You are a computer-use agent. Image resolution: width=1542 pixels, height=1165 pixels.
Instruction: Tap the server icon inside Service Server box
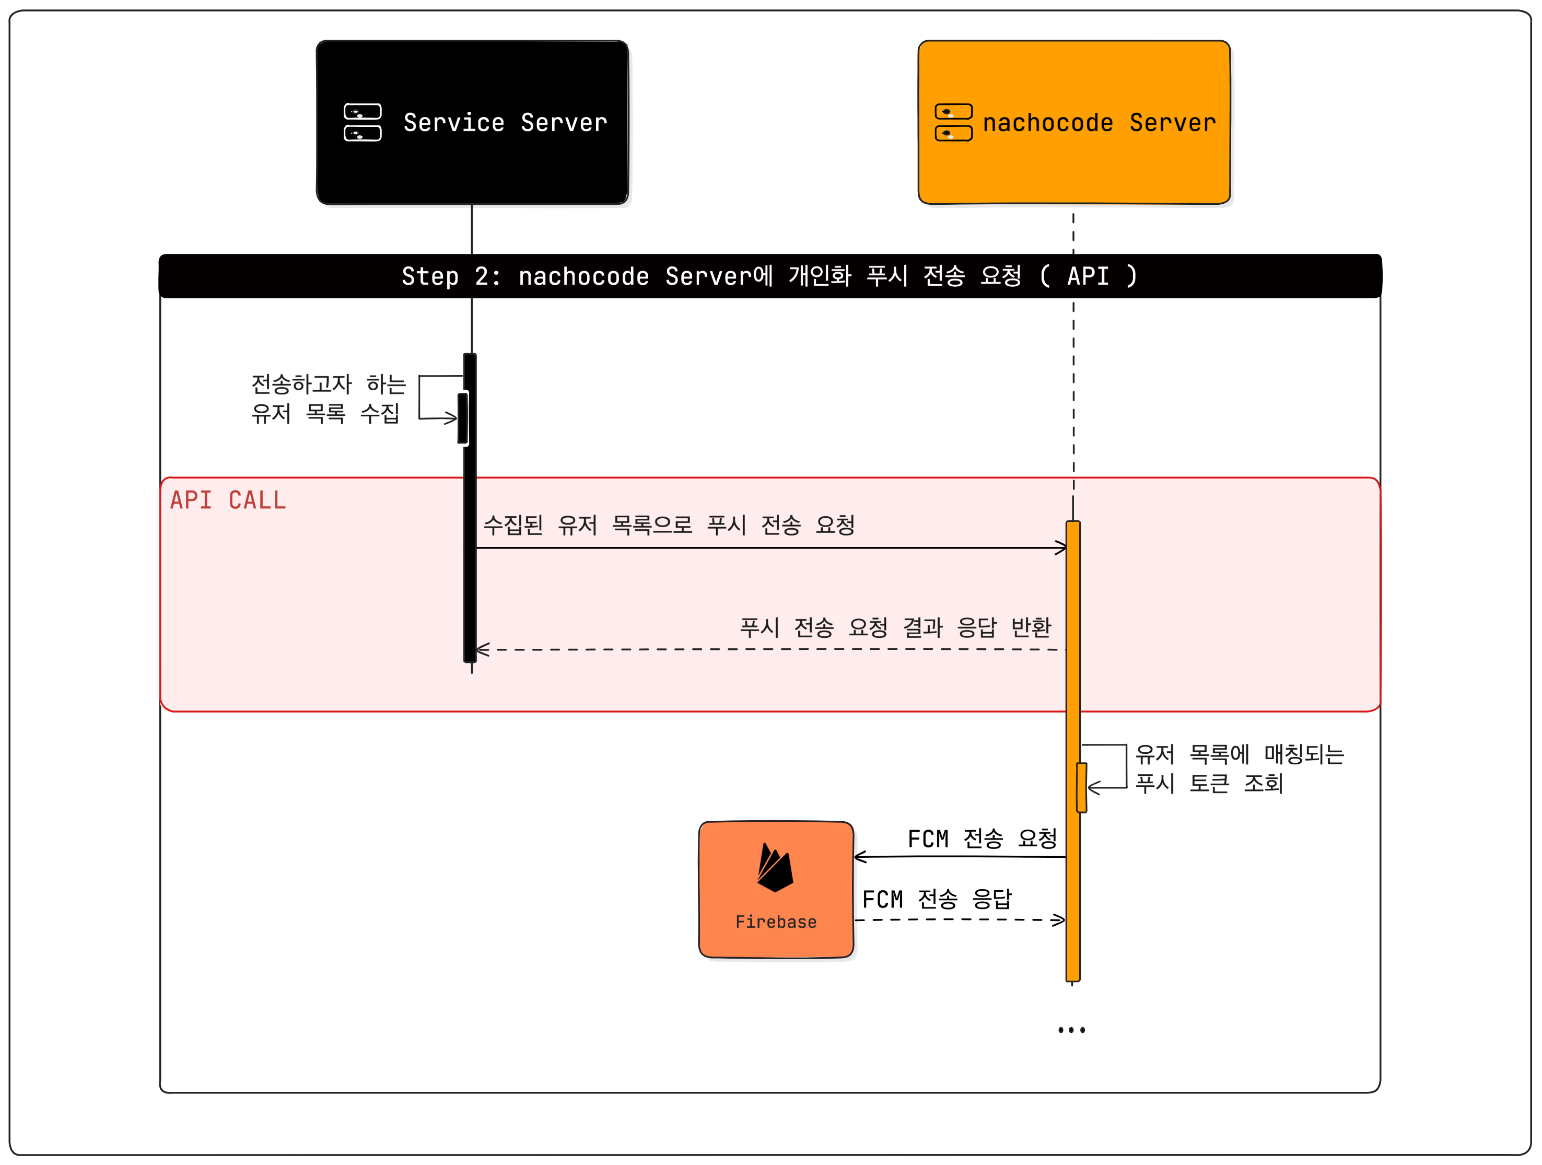(363, 123)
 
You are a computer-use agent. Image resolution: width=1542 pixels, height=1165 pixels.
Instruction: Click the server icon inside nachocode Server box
(953, 123)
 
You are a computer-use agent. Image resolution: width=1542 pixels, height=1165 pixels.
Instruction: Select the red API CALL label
(228, 500)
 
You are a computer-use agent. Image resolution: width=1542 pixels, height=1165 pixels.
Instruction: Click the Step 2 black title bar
(769, 276)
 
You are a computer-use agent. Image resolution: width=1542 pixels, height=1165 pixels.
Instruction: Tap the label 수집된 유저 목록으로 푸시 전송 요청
(669, 525)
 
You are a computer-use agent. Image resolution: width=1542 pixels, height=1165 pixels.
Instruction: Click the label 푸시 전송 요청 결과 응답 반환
(895, 627)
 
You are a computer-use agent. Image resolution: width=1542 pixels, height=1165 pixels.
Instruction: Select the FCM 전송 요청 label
(982, 838)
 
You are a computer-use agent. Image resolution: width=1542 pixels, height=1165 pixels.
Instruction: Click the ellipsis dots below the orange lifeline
(1071, 1030)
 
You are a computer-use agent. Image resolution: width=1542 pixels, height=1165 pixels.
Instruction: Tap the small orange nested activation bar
(1081, 788)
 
